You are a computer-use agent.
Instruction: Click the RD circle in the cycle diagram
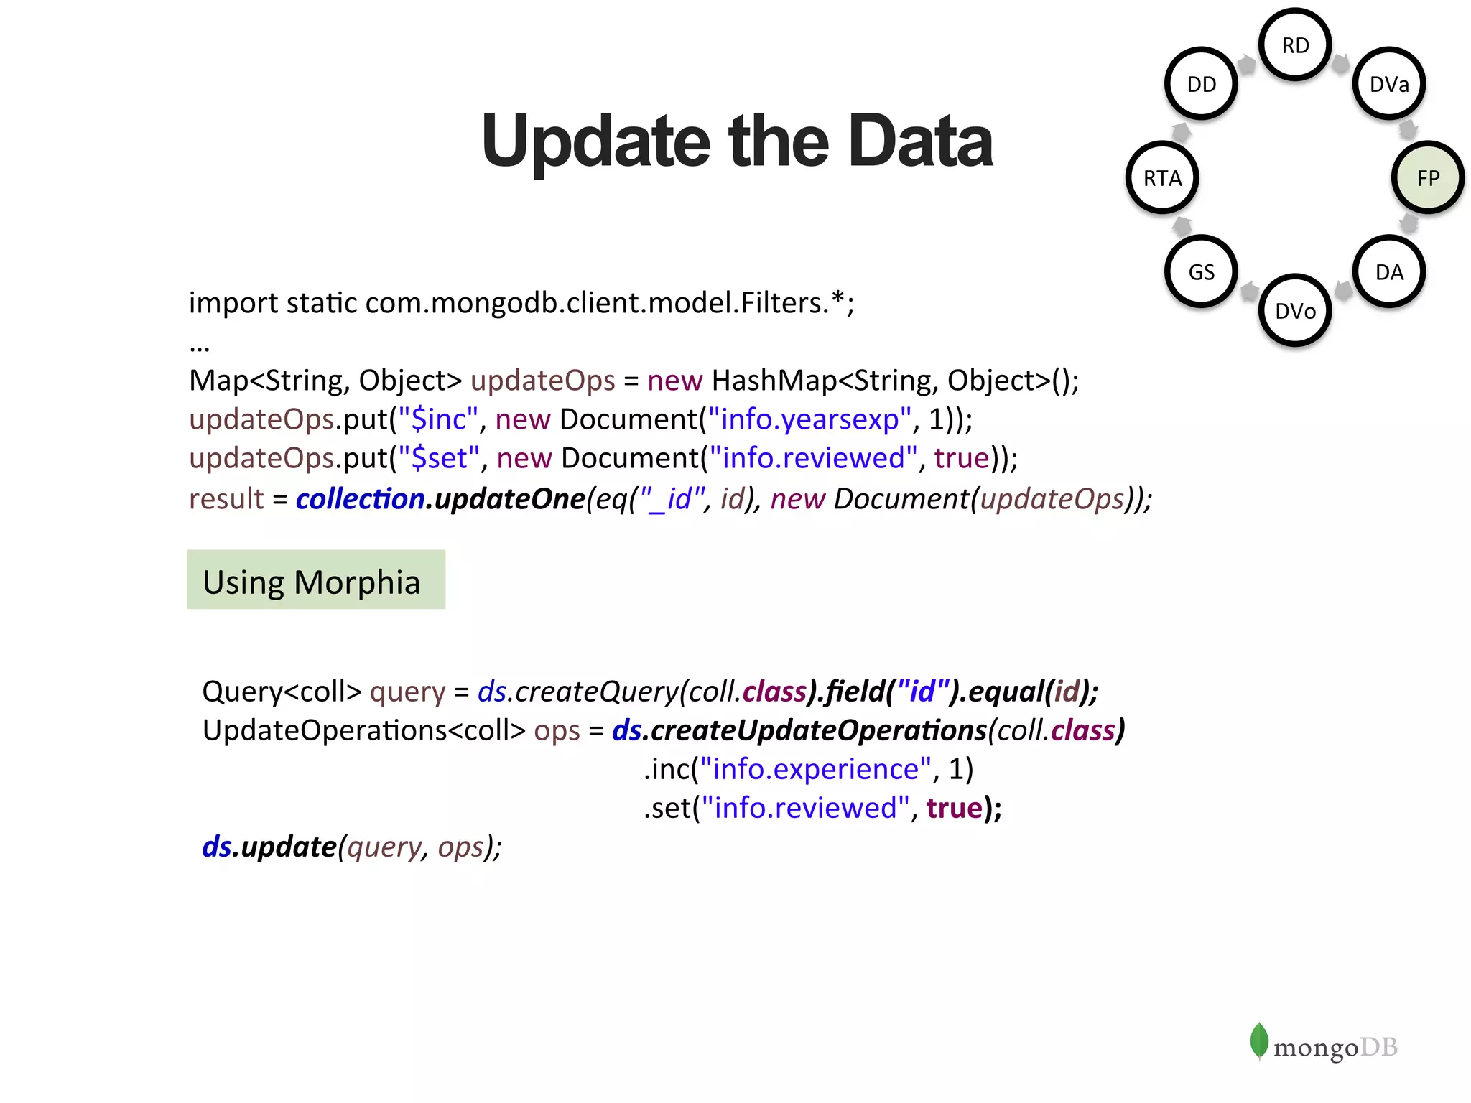(1295, 45)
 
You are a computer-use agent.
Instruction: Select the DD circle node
(1201, 84)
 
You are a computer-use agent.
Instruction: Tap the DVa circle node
(1389, 84)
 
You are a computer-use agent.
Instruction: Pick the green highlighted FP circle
(1428, 177)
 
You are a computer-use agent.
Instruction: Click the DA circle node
(1389, 271)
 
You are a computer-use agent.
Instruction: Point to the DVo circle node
(1295, 310)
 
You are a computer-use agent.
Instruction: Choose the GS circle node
(1201, 271)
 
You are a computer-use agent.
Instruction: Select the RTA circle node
(1162, 177)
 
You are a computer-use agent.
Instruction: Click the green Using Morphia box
(315, 580)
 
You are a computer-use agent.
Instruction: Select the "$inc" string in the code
(438, 419)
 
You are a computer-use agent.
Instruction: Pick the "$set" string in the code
(439, 458)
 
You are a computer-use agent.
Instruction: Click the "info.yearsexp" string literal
(809, 419)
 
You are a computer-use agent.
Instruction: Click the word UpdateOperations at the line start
(325, 730)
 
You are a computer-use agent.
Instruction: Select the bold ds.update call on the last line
(269, 847)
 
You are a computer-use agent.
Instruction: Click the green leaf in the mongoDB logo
(1258, 1041)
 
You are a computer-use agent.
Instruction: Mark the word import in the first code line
(233, 303)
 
